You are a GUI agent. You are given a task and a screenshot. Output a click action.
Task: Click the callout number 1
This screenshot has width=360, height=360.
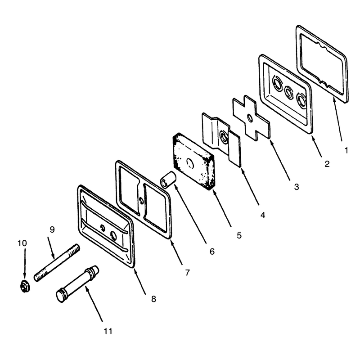[346, 151]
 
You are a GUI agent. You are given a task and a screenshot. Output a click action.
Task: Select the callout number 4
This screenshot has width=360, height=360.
[263, 215]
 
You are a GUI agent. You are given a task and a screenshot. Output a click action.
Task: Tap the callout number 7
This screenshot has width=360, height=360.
[188, 273]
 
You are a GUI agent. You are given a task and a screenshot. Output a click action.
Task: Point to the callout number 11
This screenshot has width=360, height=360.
[108, 331]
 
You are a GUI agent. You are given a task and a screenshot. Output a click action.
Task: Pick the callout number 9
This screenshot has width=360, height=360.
[52, 229]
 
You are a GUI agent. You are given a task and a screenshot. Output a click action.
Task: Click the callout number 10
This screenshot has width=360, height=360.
[22, 243]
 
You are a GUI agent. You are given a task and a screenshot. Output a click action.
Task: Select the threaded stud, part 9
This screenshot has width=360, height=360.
[57, 263]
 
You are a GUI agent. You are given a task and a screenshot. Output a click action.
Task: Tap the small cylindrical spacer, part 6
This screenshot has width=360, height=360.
[168, 180]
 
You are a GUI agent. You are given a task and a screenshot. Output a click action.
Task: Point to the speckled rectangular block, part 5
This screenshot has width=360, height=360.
[193, 162]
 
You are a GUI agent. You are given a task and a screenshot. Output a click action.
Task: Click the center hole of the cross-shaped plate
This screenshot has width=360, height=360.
[250, 118]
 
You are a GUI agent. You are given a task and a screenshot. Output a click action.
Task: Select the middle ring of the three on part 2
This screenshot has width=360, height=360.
[288, 92]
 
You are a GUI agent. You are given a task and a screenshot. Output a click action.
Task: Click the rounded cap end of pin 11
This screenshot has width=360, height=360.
[60, 296]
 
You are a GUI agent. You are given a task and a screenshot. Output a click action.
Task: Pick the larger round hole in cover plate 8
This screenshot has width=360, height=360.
[114, 235]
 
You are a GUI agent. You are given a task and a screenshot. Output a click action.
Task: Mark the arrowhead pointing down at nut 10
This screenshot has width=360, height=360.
[25, 275]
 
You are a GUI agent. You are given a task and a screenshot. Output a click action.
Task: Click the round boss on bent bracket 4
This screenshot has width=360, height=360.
[223, 137]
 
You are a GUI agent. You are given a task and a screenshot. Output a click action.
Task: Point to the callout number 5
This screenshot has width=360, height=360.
[239, 235]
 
